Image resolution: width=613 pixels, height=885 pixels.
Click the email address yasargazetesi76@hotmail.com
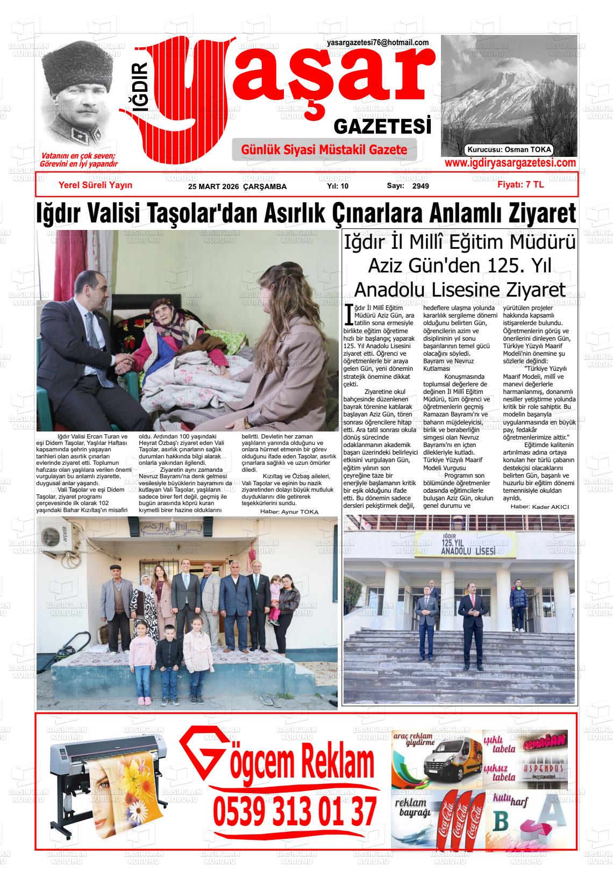(x=377, y=42)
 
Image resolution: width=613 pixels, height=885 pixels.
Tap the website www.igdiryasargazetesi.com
(x=510, y=163)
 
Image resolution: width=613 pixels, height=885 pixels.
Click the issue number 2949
(x=420, y=186)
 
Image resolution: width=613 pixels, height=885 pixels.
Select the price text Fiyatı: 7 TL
(x=521, y=184)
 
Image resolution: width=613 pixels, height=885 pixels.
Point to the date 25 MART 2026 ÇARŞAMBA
(x=237, y=186)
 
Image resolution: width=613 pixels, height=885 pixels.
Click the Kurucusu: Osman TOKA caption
(x=509, y=150)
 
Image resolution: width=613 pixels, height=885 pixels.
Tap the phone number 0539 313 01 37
(x=295, y=811)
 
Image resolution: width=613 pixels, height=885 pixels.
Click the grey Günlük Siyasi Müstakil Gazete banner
(x=324, y=150)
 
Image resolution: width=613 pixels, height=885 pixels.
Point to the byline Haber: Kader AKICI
(x=539, y=507)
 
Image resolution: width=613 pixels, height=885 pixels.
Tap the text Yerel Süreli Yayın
(x=95, y=185)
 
